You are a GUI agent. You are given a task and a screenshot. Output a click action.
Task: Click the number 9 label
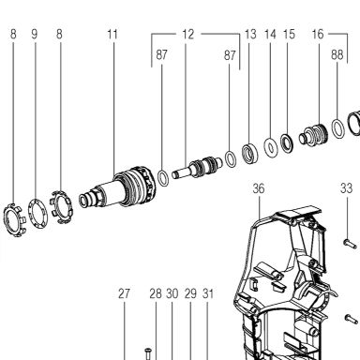click(x=35, y=34)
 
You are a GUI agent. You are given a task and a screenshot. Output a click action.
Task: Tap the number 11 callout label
click(x=112, y=34)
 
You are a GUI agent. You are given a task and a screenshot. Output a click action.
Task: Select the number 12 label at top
click(x=188, y=34)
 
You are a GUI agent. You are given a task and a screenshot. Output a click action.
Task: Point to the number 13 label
click(x=250, y=34)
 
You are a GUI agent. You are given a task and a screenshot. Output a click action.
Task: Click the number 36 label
click(x=259, y=188)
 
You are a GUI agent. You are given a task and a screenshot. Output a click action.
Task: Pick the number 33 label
click(x=346, y=188)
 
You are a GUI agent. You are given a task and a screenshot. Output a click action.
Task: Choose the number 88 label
click(x=337, y=54)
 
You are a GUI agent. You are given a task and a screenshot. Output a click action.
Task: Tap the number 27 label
click(x=124, y=293)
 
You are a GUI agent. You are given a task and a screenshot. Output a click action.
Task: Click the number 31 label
click(x=208, y=293)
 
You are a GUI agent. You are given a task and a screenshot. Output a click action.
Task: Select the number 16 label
click(x=318, y=34)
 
